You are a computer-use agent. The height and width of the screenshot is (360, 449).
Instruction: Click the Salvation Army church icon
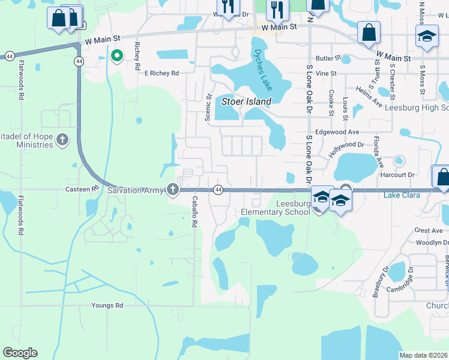[173, 190]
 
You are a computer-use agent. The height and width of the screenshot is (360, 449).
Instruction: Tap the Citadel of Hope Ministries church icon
[62, 140]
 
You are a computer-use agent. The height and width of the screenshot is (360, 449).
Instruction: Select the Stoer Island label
[247, 101]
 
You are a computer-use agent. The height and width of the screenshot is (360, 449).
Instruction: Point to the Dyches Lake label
[263, 70]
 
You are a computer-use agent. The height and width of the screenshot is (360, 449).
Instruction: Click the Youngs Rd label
[107, 305]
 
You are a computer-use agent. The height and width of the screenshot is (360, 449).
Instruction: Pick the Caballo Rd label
[194, 211]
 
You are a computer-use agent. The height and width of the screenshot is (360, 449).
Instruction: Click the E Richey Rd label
[162, 73]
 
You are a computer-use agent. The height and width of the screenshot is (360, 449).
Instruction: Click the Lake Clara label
[400, 195]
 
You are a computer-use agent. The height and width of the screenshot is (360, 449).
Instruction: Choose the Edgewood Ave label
[337, 132]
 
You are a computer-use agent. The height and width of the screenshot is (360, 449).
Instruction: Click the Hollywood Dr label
[346, 149]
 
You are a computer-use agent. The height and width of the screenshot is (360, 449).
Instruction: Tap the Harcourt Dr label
[398, 175]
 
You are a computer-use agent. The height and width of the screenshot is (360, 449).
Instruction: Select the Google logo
[20, 353]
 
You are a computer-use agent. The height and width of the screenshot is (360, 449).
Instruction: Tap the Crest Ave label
[429, 230]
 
